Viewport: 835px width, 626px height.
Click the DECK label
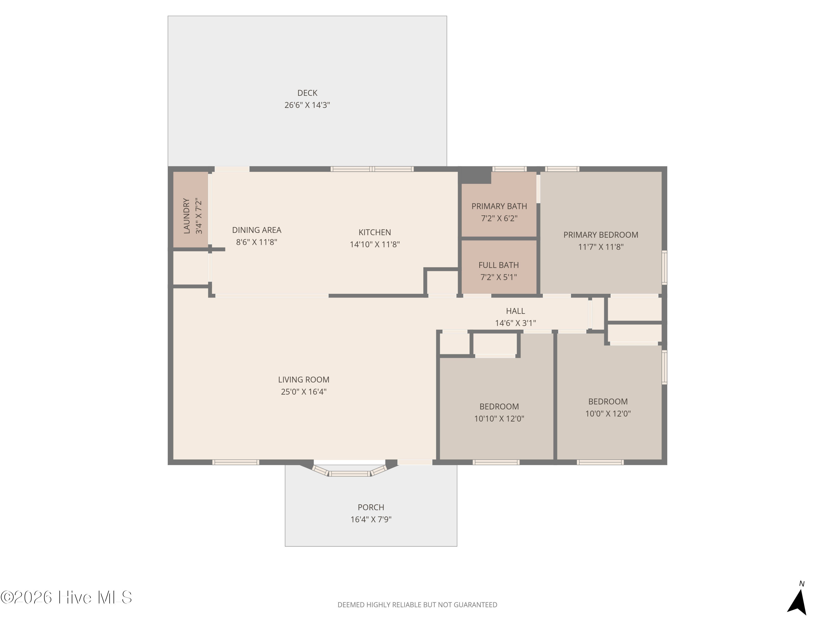pyautogui.click(x=307, y=93)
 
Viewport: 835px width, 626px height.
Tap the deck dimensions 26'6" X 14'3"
pyautogui.click(x=307, y=105)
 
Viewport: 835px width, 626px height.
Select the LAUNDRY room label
pyautogui.click(x=186, y=216)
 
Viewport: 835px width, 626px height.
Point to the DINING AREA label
pyautogui.click(x=257, y=230)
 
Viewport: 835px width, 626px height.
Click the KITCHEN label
pyautogui.click(x=375, y=232)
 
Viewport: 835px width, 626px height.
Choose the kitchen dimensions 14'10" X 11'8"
pyautogui.click(x=375, y=244)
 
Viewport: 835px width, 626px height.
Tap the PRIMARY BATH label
pyautogui.click(x=499, y=206)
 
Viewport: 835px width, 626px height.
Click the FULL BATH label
pyautogui.click(x=499, y=265)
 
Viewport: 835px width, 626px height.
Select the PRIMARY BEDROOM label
pyautogui.click(x=601, y=235)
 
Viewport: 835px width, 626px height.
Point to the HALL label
pyautogui.click(x=516, y=311)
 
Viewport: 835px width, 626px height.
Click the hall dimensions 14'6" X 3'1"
pyautogui.click(x=516, y=323)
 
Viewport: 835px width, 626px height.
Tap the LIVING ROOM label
pyautogui.click(x=304, y=379)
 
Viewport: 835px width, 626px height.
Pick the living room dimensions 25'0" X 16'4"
pyautogui.click(x=304, y=392)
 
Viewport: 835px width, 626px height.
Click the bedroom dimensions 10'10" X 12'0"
pyautogui.click(x=499, y=418)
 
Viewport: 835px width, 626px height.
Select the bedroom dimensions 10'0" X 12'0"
pyautogui.click(x=608, y=413)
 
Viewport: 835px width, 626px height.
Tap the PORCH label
pyautogui.click(x=371, y=507)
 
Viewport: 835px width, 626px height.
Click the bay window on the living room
pyautogui.click(x=350, y=472)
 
